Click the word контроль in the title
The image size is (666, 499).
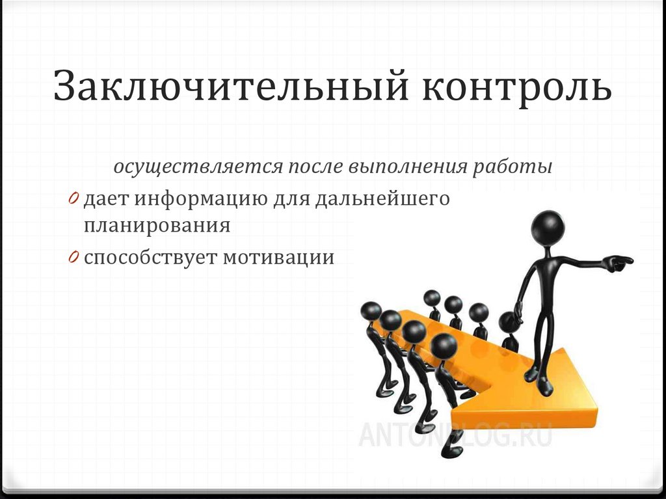tap(518, 89)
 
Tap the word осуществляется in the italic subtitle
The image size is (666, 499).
tap(196, 167)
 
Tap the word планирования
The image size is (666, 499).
tap(157, 225)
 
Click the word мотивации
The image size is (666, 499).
tap(279, 258)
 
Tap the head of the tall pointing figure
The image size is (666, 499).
tap(548, 226)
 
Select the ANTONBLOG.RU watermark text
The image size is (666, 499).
tap(455, 434)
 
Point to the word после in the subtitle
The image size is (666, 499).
tap(315, 167)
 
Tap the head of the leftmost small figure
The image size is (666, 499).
tap(371, 310)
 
